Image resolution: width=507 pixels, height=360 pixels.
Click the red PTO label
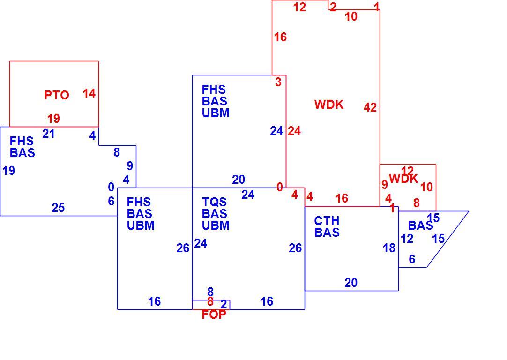click(57, 95)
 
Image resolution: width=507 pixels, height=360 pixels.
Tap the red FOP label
click(214, 315)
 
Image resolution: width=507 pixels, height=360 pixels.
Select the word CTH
click(327, 221)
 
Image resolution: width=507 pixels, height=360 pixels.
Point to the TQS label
click(214, 202)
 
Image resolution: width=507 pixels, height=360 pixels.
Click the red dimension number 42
click(370, 107)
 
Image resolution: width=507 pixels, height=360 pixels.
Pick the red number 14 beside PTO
click(89, 93)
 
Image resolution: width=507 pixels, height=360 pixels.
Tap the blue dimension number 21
click(49, 134)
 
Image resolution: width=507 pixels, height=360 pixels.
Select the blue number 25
click(58, 208)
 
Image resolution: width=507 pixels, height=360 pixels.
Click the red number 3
click(278, 82)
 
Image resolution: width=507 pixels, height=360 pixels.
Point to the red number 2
click(333, 7)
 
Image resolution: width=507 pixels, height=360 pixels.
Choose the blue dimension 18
click(389, 248)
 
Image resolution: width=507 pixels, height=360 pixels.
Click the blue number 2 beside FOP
click(224, 304)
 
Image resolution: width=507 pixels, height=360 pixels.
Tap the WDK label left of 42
click(329, 105)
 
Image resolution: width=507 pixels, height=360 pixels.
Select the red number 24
click(294, 131)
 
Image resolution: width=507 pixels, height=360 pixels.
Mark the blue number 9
click(130, 166)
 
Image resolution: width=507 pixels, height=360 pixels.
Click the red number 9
click(384, 184)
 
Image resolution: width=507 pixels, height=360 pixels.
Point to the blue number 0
click(111, 187)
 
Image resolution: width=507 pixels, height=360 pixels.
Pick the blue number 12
click(407, 239)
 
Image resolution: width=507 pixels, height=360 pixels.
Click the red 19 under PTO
click(54, 119)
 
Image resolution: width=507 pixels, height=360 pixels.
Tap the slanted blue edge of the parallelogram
click(448, 240)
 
